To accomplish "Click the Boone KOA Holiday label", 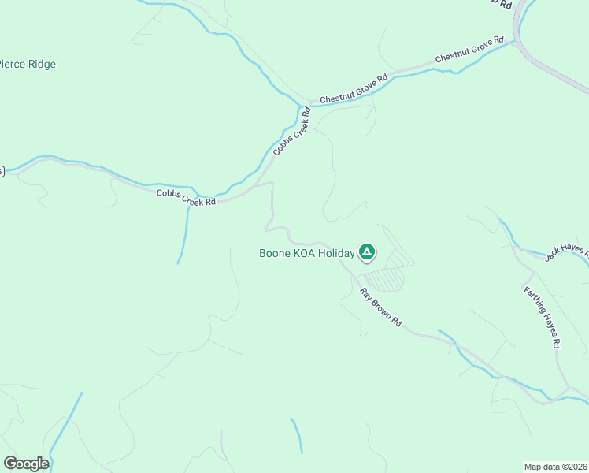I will coord(307,253).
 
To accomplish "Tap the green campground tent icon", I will coord(366,252).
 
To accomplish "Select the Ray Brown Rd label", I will coord(382,307).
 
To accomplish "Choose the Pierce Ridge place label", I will coord(28,65).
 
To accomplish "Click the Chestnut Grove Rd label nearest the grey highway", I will coord(469,50).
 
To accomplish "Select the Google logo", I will coord(26,464).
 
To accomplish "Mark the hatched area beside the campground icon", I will coord(384,279).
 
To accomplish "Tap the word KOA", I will coord(304,253).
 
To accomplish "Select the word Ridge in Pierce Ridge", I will coord(39,65).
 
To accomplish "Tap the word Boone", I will coord(275,253).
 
